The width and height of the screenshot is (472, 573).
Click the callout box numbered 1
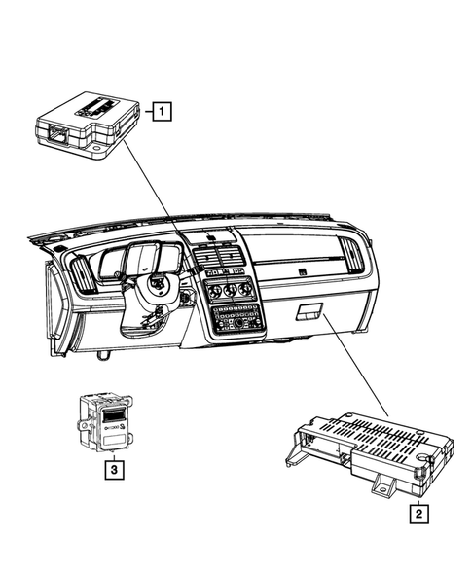159,112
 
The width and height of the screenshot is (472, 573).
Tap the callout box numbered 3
114,472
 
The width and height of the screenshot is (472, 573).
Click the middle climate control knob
230,290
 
